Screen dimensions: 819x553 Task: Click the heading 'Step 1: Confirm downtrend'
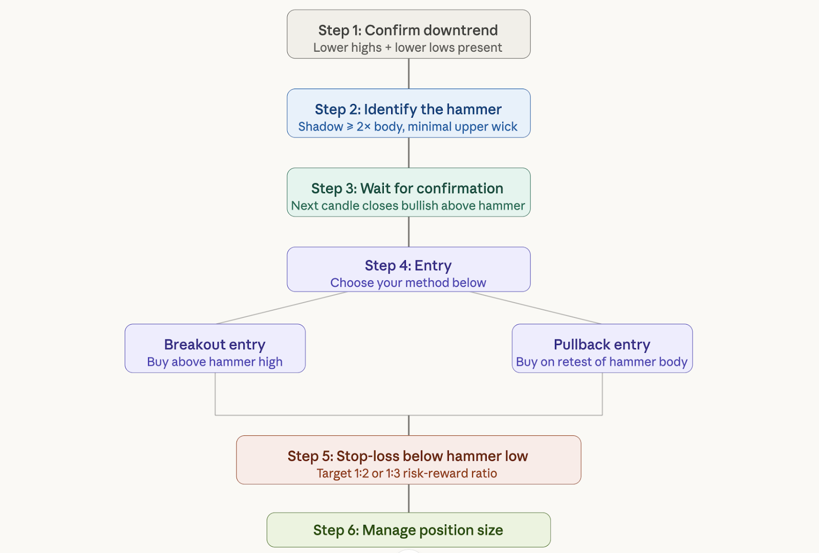pyautogui.click(x=408, y=30)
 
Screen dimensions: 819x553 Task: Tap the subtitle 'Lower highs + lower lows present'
pyautogui.click(x=407, y=48)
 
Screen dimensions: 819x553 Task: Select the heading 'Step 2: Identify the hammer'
pyautogui.click(x=408, y=110)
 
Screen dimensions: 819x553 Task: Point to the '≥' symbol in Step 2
pyautogui.click(x=350, y=126)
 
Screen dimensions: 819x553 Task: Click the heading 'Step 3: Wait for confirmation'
pyautogui.click(x=407, y=188)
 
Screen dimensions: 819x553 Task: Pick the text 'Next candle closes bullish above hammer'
pyautogui.click(x=408, y=205)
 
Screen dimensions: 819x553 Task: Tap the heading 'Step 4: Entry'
pyautogui.click(x=408, y=266)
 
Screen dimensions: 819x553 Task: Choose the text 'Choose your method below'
pyautogui.click(x=408, y=283)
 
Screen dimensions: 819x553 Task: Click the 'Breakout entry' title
pyautogui.click(x=214, y=345)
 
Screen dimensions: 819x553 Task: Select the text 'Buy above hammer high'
pyautogui.click(x=214, y=361)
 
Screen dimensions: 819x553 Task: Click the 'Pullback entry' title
pyautogui.click(x=602, y=345)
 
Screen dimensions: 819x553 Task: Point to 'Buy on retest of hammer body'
pyautogui.click(x=602, y=361)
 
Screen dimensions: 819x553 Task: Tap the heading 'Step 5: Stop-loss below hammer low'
pyautogui.click(x=407, y=456)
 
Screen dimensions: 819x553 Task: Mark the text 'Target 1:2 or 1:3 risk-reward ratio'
pyautogui.click(x=406, y=473)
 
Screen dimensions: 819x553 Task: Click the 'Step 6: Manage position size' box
pyautogui.click(x=408, y=530)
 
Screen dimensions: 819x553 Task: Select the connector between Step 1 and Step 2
pyautogui.click(x=409, y=74)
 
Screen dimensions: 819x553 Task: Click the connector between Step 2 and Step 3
pyautogui.click(x=409, y=153)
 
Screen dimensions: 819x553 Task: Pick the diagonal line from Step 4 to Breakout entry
pyautogui.click(x=282, y=308)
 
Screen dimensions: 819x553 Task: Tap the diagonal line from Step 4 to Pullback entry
pyautogui.click(x=535, y=308)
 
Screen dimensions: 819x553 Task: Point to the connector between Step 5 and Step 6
pyautogui.click(x=409, y=498)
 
